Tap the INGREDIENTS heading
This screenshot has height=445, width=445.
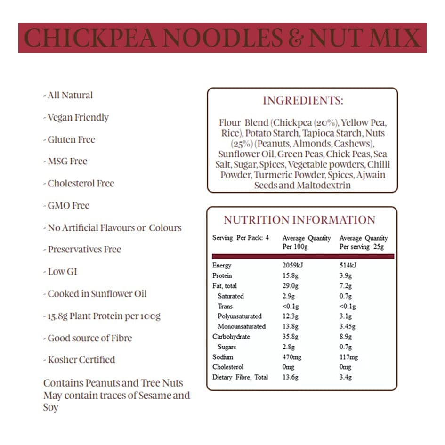pyautogui.click(x=303, y=100)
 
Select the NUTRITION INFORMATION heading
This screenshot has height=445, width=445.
pyautogui.click(x=299, y=220)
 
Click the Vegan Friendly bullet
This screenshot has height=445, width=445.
pyautogui.click(x=78, y=117)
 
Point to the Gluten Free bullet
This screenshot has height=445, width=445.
pyautogui.click(x=71, y=139)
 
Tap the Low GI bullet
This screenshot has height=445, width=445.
pyautogui.click(x=62, y=272)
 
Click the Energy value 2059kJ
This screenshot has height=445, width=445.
pyautogui.click(x=292, y=266)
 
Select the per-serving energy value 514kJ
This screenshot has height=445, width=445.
pyautogui.click(x=348, y=266)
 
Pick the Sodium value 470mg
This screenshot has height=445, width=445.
pyautogui.click(x=292, y=357)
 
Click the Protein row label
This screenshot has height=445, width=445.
pyautogui.click(x=222, y=276)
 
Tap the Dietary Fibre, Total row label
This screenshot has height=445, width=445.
pyautogui.click(x=240, y=377)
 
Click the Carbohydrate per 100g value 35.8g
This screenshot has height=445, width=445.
pyautogui.click(x=291, y=337)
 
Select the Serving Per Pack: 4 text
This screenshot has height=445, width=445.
pyautogui.click(x=241, y=238)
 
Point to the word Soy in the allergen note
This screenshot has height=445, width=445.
pyautogui.click(x=51, y=407)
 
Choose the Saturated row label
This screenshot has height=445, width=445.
pyautogui.click(x=231, y=296)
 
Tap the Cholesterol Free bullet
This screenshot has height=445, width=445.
pyautogui.click(x=81, y=183)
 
